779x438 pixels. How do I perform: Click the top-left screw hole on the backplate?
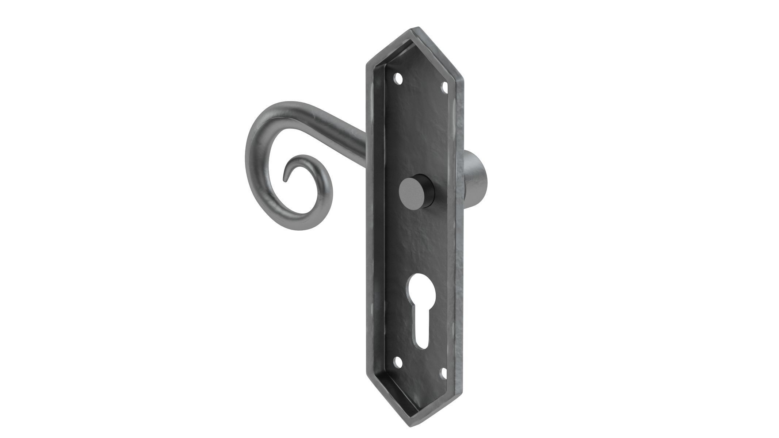tap(398, 78)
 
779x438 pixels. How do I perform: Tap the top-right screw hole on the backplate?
tap(445, 87)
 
